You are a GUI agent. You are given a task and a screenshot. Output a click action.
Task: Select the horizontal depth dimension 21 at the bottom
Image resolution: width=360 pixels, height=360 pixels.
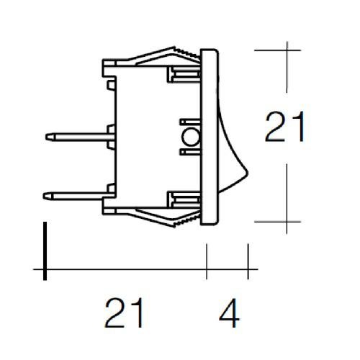coord(125,314)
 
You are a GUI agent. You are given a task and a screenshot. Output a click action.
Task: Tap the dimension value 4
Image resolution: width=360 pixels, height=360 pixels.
coord(227,314)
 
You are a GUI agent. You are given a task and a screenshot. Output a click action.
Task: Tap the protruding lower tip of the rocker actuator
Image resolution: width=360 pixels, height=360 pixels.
coord(246,173)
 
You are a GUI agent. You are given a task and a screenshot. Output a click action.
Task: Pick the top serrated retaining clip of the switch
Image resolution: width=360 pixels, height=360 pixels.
coord(173,53)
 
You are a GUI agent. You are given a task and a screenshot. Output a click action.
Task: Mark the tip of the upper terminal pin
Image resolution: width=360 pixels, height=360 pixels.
coord(47,135)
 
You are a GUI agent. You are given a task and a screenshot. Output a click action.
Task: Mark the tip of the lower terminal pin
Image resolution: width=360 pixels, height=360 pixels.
coord(47,193)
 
